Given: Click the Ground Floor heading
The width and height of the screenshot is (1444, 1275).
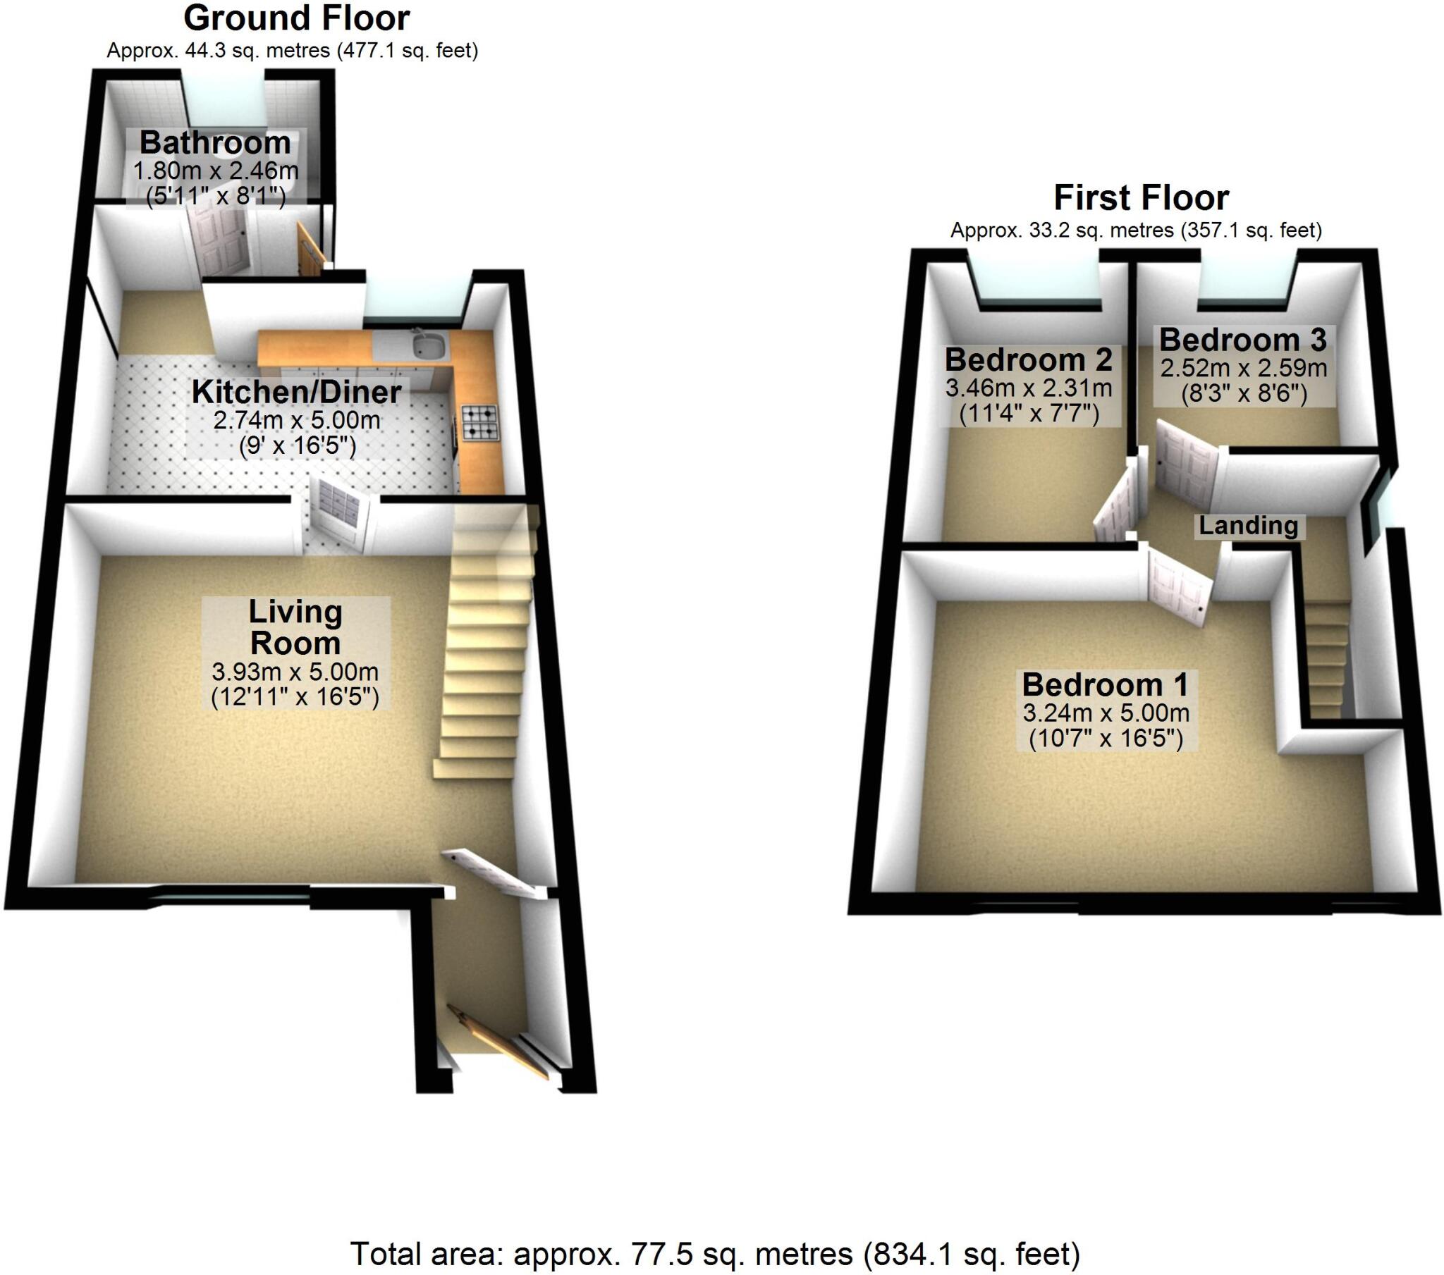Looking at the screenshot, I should point(296,19).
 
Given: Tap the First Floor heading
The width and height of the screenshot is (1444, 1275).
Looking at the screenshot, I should point(1141,199).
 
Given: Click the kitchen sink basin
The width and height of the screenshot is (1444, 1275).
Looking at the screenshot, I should point(429,345).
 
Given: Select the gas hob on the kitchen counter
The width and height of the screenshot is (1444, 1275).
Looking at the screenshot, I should point(479,422).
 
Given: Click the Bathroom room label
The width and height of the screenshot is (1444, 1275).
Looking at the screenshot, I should point(216,143).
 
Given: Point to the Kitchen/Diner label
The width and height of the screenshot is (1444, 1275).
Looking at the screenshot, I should point(296,393).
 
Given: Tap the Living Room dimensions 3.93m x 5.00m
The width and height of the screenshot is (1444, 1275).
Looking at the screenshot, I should point(295,672).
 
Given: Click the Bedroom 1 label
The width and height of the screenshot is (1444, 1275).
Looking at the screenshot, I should point(1106,685).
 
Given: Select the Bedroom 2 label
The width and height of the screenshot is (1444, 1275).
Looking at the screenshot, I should point(1029,360).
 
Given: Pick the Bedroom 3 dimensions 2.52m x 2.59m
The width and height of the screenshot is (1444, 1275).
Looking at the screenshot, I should point(1243,368).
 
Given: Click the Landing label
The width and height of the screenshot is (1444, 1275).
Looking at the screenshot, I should point(1248,526).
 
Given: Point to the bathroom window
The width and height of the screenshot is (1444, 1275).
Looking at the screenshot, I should point(224,99).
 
